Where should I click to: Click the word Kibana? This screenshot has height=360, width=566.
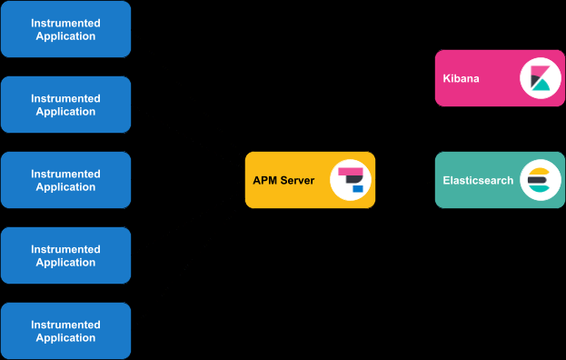(462, 78)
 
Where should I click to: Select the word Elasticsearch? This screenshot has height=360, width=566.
(478, 180)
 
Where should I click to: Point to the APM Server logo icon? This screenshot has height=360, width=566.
(351, 180)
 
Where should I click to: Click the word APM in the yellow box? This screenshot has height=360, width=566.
(265, 180)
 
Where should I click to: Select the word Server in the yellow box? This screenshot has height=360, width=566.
(297, 180)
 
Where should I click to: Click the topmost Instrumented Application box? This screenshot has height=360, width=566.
(65, 29)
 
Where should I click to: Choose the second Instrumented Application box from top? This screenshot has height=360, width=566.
(65, 105)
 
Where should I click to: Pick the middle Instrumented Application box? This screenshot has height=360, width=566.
(65, 180)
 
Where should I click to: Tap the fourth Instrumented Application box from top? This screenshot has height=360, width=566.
(65, 255)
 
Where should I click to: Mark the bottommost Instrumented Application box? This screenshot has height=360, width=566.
(65, 331)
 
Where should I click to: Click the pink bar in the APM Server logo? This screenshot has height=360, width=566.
(350, 171)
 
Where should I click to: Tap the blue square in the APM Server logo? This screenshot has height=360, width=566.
(358, 189)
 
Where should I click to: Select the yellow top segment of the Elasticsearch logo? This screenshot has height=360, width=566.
(538, 171)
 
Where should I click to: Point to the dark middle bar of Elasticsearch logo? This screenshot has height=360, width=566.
(536, 180)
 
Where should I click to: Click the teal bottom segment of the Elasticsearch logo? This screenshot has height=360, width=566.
(538, 189)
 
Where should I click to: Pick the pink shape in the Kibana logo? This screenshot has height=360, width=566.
(535, 73)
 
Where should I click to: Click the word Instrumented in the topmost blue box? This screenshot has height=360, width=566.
(65, 23)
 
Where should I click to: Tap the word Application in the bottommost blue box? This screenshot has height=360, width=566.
(65, 338)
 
